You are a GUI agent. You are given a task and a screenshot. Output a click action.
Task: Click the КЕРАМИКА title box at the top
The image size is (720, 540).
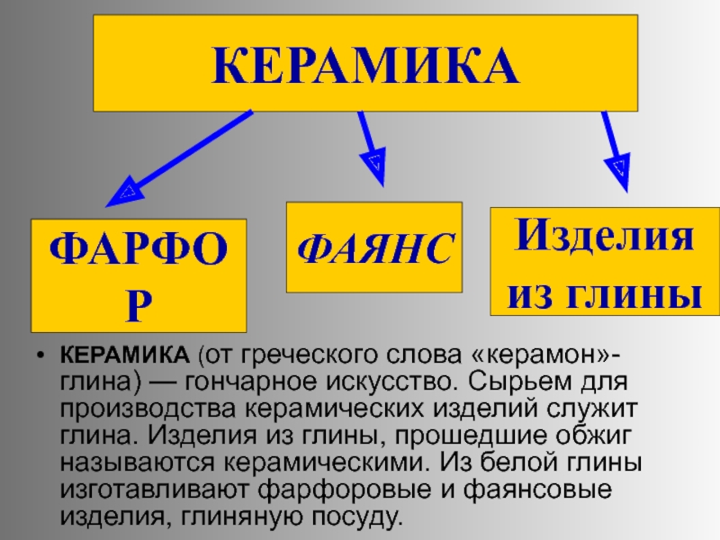point(364,63)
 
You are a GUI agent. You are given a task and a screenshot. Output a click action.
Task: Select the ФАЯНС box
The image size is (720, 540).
point(373,247)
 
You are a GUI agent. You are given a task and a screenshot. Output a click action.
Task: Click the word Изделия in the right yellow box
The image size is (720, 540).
point(604,238)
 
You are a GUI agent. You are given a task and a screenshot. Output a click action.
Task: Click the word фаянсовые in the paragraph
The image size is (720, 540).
point(555,490)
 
